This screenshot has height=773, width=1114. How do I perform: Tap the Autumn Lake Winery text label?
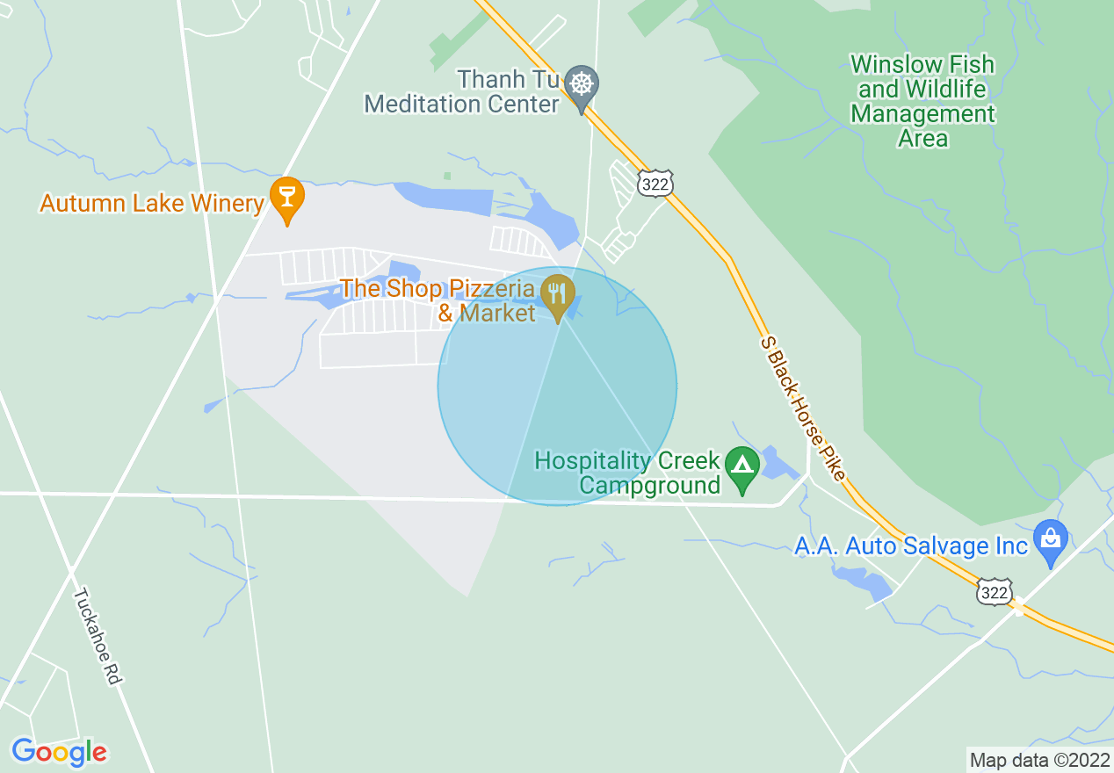click(152, 204)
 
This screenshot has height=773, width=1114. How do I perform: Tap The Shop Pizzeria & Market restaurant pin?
click(557, 293)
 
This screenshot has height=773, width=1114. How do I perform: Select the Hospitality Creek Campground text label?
click(627, 473)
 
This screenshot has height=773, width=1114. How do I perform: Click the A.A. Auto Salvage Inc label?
click(910, 546)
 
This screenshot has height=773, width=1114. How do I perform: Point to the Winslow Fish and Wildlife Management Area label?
click(922, 101)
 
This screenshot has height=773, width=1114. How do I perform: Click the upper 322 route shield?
click(655, 184)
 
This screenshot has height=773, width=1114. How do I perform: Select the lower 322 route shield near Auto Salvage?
click(994, 593)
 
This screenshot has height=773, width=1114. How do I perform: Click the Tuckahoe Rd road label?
click(96, 636)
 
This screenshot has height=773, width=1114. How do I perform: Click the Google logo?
click(59, 752)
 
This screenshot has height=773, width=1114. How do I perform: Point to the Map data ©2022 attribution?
click(1038, 760)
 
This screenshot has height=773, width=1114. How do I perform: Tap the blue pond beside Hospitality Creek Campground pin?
click(778, 463)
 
